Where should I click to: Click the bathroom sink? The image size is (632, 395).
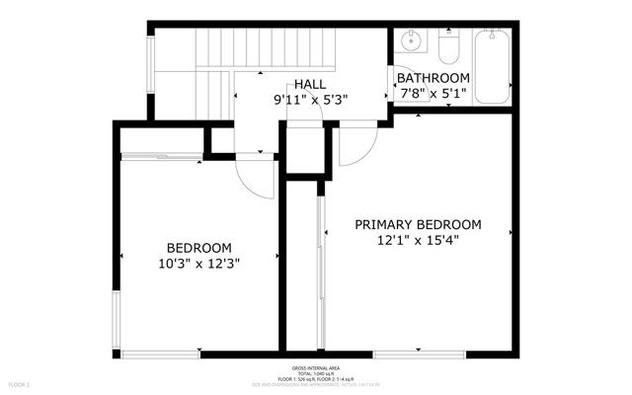411,42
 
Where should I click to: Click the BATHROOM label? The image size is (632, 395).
433,78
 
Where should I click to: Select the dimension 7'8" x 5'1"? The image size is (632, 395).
433,94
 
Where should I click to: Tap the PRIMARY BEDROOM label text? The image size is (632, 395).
418,224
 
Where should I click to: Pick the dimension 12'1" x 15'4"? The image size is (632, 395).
418,240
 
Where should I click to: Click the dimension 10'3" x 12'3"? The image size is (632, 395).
198,263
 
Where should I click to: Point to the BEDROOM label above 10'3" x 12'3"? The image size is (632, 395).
198,247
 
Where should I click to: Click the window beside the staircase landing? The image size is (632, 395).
151,69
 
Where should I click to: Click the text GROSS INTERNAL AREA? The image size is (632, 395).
316,366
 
